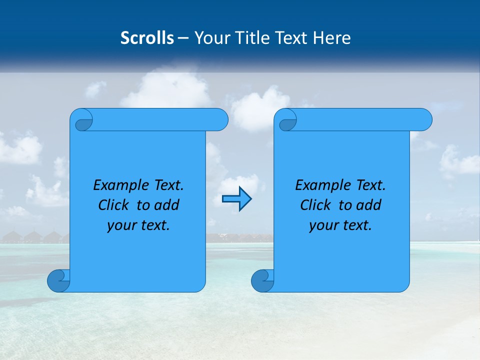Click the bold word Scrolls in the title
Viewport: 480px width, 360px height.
pyautogui.click(x=147, y=38)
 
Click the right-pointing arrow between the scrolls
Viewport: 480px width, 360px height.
pyautogui.click(x=236, y=199)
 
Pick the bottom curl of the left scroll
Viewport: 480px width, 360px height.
pyautogui.click(x=58, y=280)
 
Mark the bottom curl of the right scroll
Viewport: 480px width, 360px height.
pyautogui.click(x=262, y=280)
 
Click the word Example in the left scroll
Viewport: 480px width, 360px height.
pyautogui.click(x=118, y=185)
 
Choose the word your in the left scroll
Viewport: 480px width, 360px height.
pyautogui.click(x=121, y=225)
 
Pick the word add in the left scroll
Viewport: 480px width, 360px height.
pyautogui.click(x=166, y=205)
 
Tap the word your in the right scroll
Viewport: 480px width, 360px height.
pyautogui.click(x=323, y=225)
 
